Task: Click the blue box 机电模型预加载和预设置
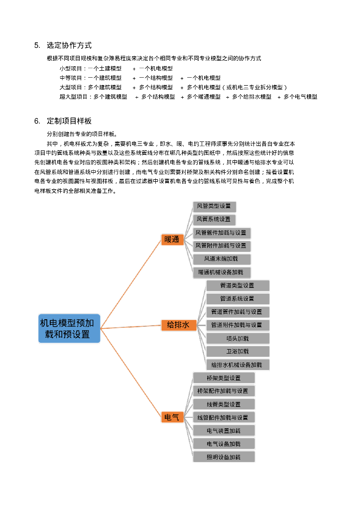click(x=70, y=328)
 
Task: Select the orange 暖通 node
click(x=172, y=240)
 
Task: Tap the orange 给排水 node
click(x=178, y=325)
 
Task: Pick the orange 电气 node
click(x=172, y=417)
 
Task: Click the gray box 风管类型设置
click(x=214, y=206)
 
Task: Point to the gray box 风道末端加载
click(x=222, y=259)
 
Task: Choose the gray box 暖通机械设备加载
click(x=221, y=272)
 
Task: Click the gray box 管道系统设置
click(x=238, y=299)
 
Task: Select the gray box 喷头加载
click(x=238, y=339)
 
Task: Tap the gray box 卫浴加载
click(x=238, y=352)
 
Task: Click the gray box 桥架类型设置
click(x=224, y=378)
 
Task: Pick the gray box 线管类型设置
click(x=224, y=404)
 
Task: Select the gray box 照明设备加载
click(x=224, y=457)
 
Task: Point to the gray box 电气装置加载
click(x=224, y=430)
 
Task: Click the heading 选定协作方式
click(x=69, y=45)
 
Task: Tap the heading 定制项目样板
click(x=69, y=121)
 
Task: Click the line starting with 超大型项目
click(x=188, y=97)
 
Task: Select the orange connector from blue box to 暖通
click(x=130, y=283)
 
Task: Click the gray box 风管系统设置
click(x=214, y=219)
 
